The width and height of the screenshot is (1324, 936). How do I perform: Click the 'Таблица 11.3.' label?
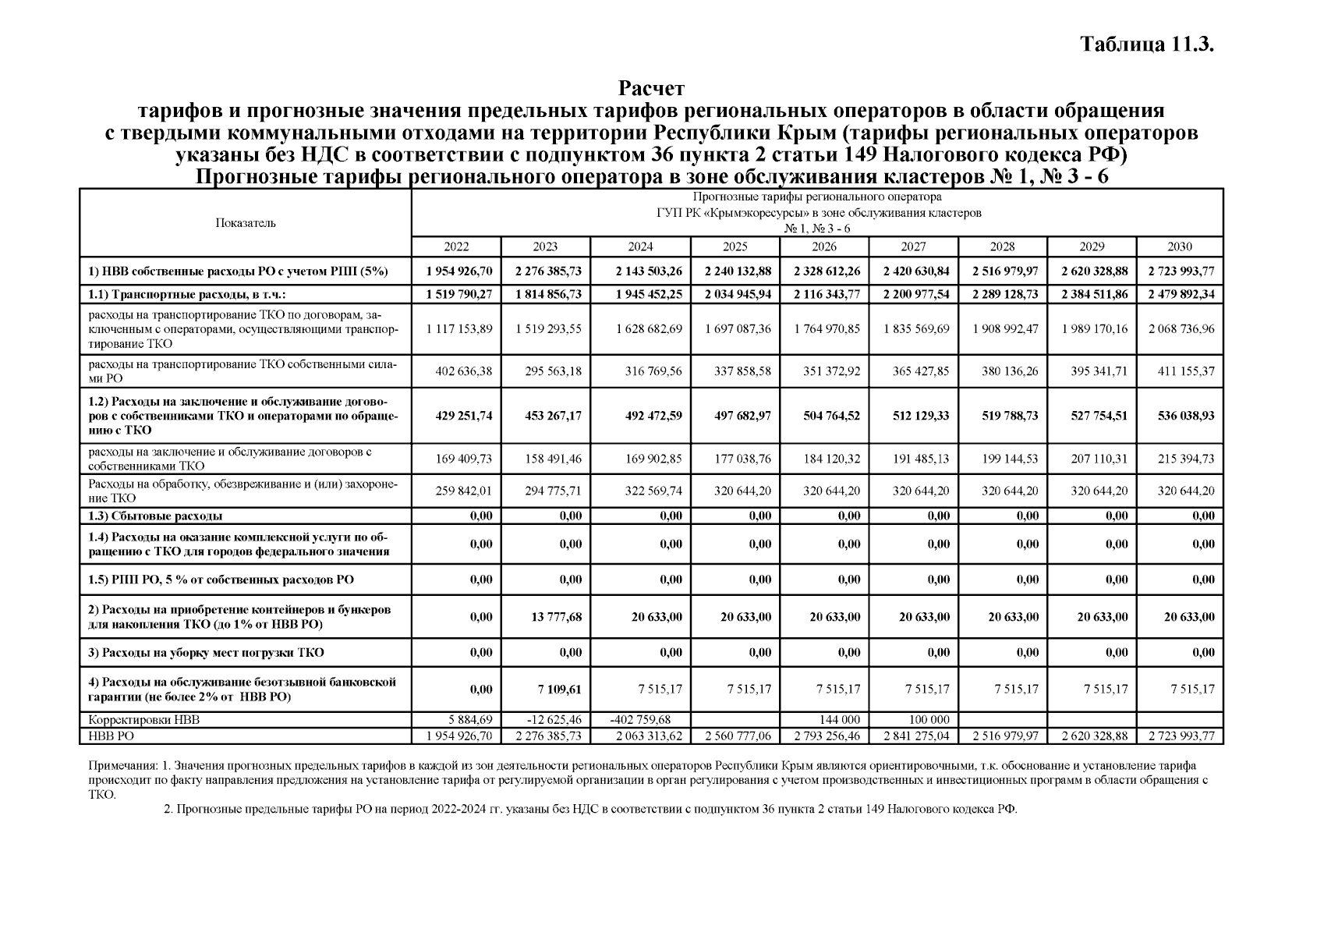coord(1147,44)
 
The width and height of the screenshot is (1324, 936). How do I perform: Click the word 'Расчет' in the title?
coord(651,88)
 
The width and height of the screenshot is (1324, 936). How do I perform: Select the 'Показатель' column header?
coord(246,223)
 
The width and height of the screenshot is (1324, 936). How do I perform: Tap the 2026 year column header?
coord(823,246)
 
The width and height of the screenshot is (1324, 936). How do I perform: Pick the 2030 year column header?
coord(1179,246)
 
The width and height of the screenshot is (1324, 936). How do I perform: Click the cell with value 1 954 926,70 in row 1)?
coord(459,271)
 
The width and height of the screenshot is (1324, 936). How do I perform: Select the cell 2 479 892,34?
coord(1181,294)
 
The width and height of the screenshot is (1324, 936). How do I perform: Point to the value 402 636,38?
coord(463,371)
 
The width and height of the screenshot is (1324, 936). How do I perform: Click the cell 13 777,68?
coord(554,617)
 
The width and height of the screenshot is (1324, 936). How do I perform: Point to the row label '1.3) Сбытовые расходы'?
coord(155,516)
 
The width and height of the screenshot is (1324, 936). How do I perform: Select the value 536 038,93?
coord(1185,416)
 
